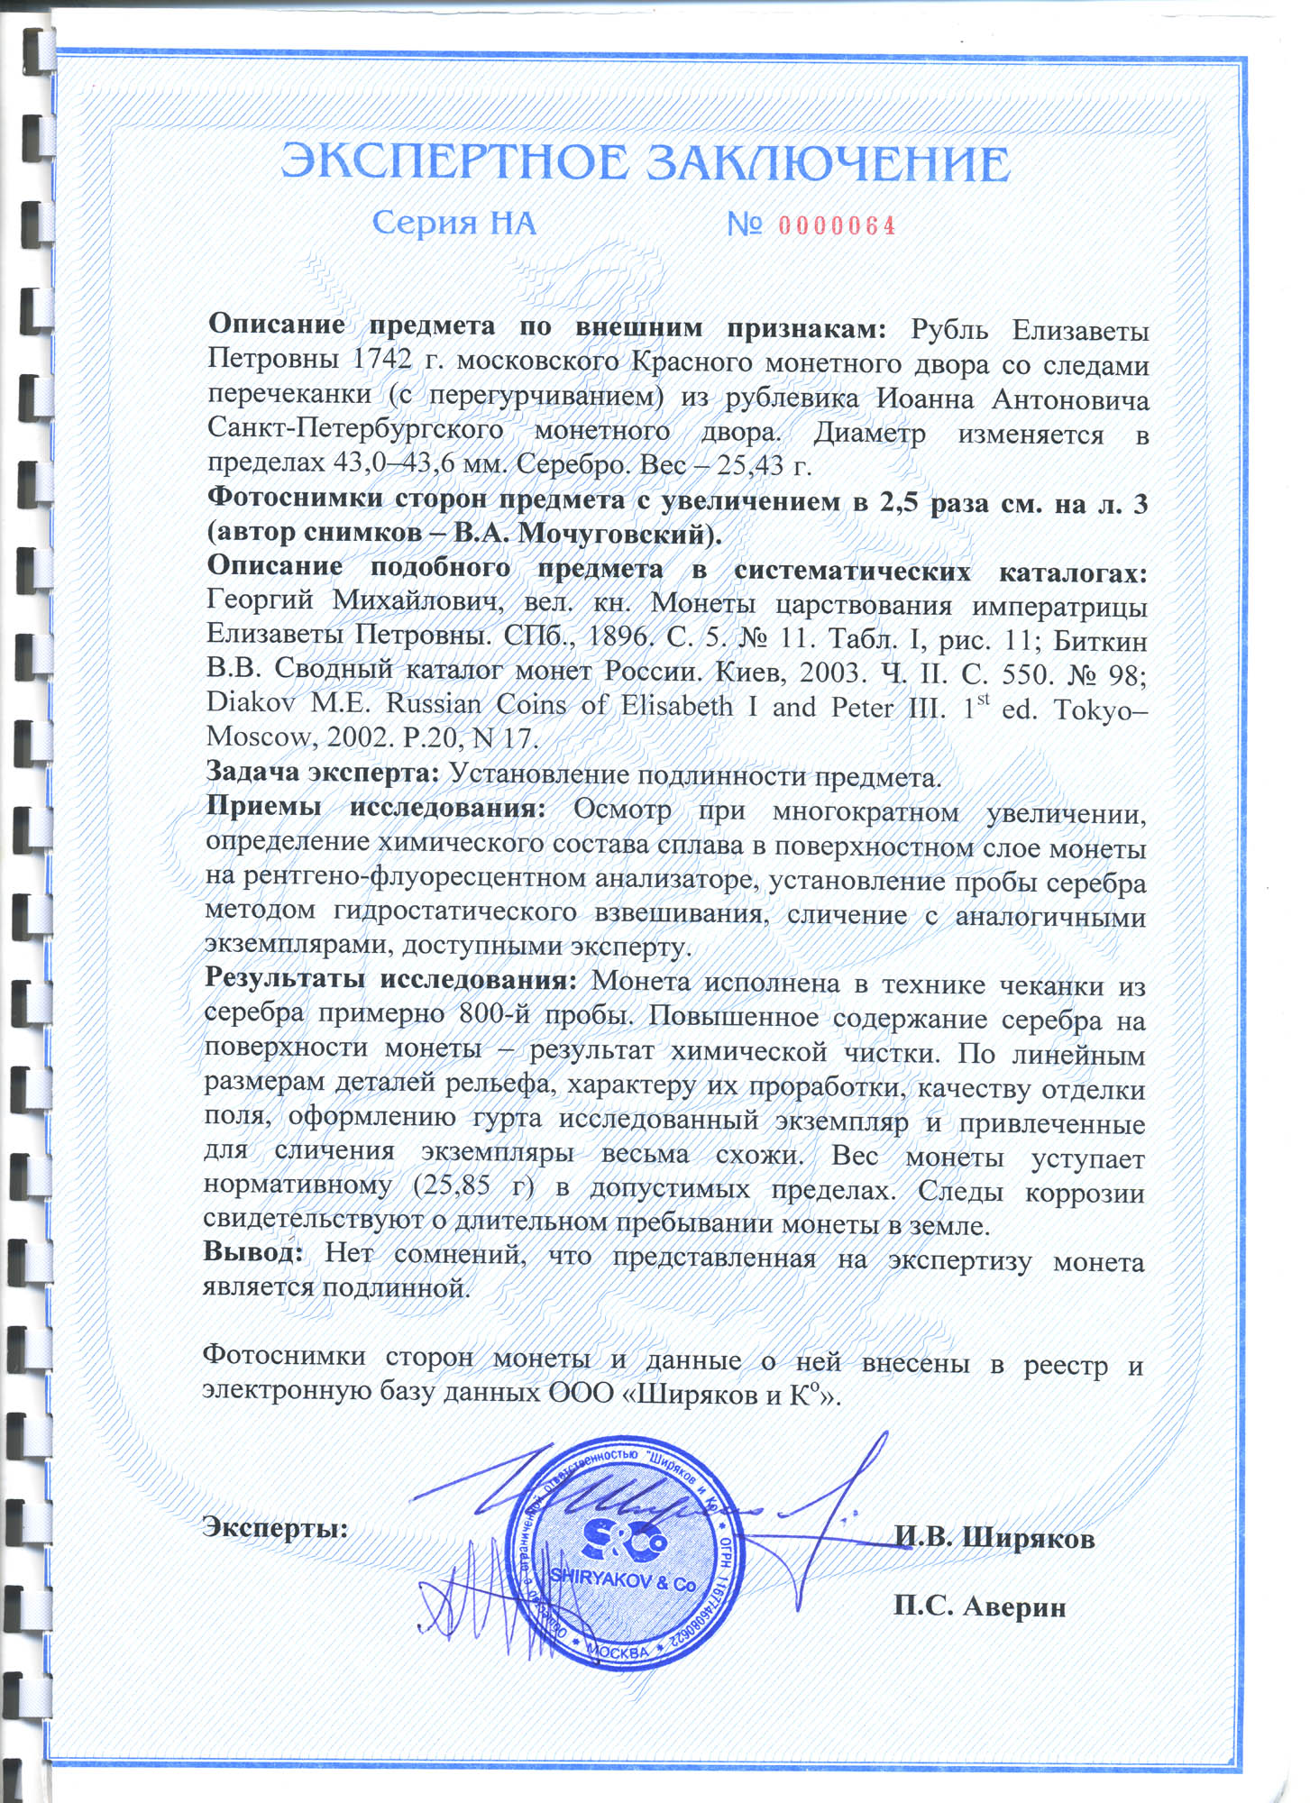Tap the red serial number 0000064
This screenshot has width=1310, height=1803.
point(837,225)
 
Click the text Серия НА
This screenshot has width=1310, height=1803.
point(454,223)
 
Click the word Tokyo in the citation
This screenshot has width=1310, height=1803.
point(1095,709)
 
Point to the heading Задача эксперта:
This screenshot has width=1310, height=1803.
point(322,773)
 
